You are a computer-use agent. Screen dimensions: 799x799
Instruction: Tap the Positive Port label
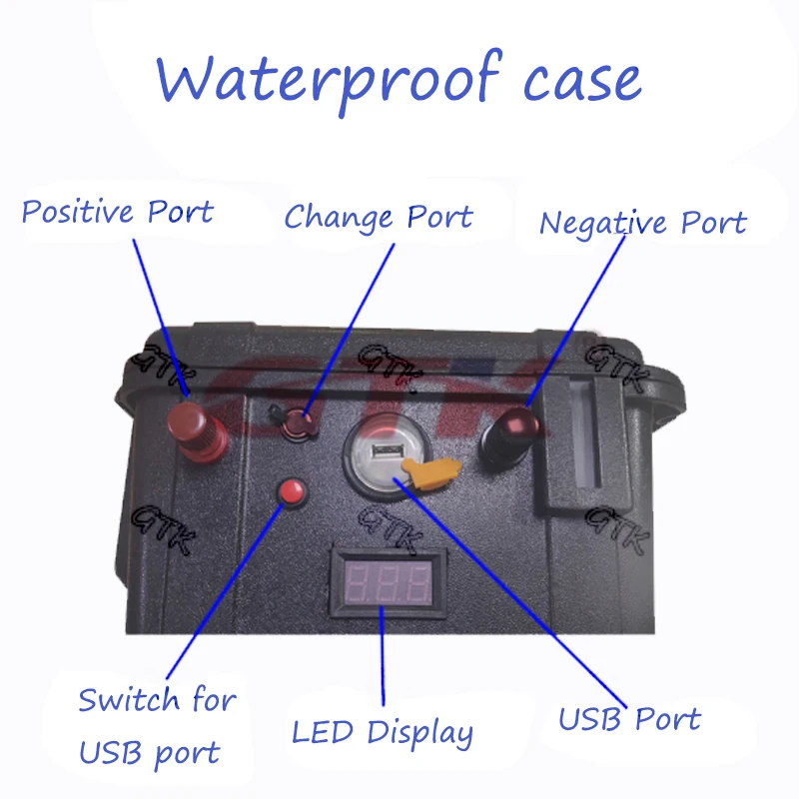coord(117,212)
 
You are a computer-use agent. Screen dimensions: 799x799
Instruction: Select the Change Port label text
coord(379,217)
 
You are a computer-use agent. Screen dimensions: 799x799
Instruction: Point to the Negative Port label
coord(642,222)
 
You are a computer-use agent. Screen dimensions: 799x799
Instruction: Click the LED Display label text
coord(383,732)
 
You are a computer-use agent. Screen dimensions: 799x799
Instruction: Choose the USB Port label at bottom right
coord(629,719)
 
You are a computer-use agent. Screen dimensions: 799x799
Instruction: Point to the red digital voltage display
coord(385,581)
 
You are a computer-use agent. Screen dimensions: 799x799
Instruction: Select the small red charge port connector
coord(298,423)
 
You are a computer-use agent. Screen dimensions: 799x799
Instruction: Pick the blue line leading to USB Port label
coord(519,589)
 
